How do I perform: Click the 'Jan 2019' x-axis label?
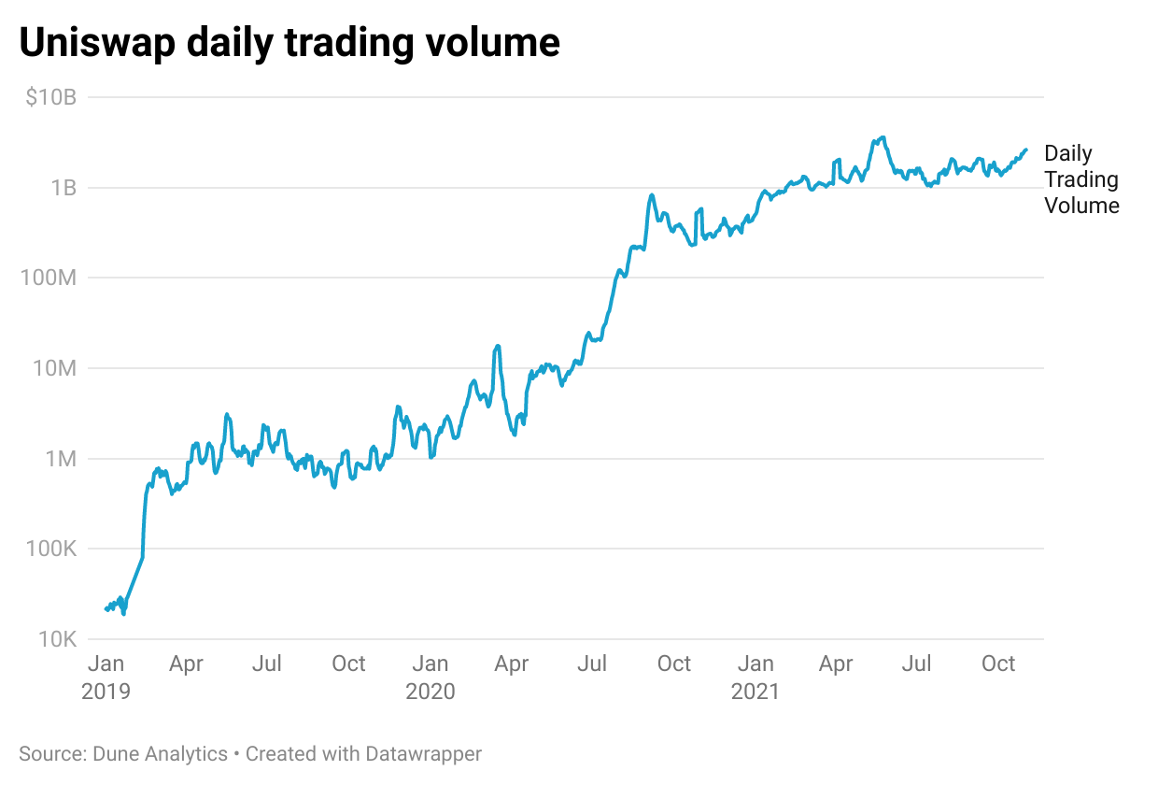pyautogui.click(x=107, y=677)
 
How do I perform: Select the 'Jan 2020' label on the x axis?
pyautogui.click(x=431, y=677)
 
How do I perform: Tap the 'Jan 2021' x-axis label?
pyautogui.click(x=756, y=677)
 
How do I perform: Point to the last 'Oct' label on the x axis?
pyautogui.click(x=998, y=664)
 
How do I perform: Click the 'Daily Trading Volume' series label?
pyautogui.click(x=1081, y=179)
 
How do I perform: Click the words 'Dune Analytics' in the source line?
pyautogui.click(x=159, y=753)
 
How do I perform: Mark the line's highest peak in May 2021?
pyautogui.click(x=882, y=137)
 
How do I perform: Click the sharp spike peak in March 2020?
pyautogui.click(x=498, y=346)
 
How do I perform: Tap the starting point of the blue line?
pyautogui.click(x=106, y=609)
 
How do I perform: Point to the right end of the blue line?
pyautogui.click(x=1026, y=150)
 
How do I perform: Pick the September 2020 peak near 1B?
pyautogui.click(x=651, y=195)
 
